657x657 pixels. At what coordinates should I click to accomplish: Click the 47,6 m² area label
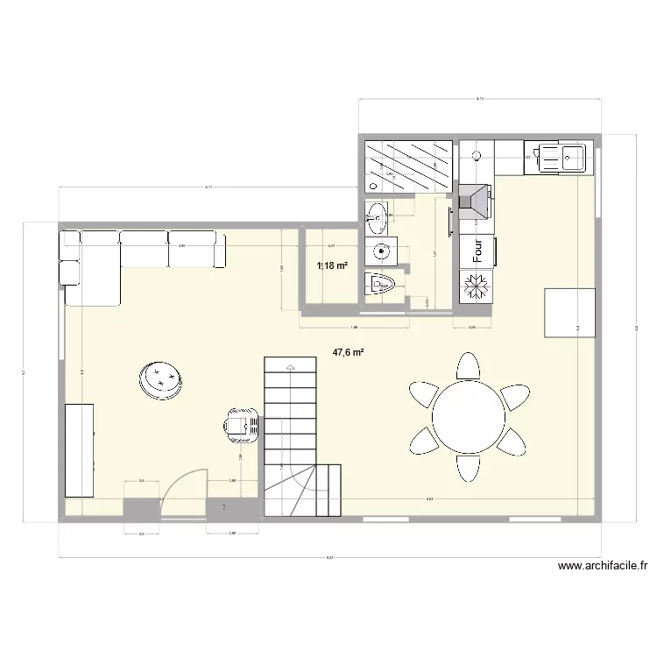(348, 353)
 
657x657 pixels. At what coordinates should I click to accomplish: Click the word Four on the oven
(477, 252)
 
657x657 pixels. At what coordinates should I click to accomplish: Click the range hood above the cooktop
(477, 204)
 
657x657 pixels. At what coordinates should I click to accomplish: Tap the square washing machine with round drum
(383, 251)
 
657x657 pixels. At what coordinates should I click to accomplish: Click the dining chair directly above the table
(469, 365)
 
